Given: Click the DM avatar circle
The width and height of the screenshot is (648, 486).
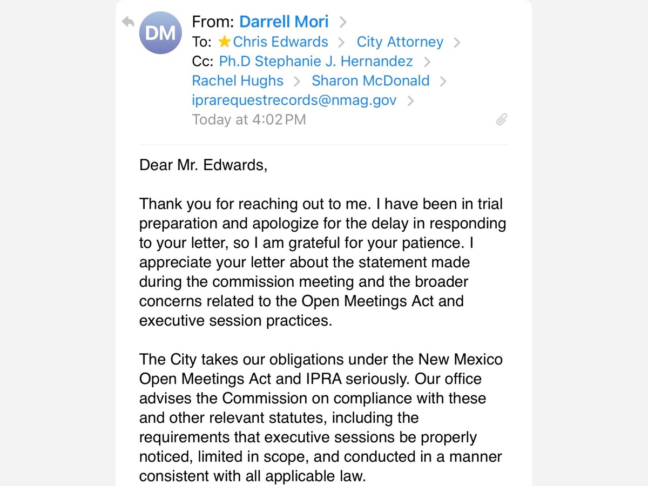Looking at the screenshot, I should click(160, 33).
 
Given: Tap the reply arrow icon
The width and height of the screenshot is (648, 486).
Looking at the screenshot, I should click(127, 22).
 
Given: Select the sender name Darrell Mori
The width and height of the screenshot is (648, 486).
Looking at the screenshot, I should click(283, 22).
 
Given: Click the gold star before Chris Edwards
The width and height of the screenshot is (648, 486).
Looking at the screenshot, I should click(224, 42).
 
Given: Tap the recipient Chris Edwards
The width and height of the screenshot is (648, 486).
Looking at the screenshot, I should click(280, 42).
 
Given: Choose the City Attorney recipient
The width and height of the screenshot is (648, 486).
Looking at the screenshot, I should click(400, 42).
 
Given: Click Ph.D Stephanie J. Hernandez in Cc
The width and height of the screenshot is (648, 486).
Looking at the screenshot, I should click(316, 61).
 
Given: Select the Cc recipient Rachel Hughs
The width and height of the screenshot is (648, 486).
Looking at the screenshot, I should click(238, 80).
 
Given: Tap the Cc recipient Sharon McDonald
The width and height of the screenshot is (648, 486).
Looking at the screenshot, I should click(370, 80).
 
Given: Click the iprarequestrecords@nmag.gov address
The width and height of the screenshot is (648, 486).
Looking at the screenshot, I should click(294, 100).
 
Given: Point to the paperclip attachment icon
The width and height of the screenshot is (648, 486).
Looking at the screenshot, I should click(502, 119).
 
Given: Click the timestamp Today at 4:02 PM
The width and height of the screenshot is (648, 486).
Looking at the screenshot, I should click(249, 119).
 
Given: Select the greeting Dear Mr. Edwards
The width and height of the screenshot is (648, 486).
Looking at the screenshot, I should click(203, 165).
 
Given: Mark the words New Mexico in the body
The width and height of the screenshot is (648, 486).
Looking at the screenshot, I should click(460, 359).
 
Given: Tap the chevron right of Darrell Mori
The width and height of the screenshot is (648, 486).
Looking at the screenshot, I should click(342, 22).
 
